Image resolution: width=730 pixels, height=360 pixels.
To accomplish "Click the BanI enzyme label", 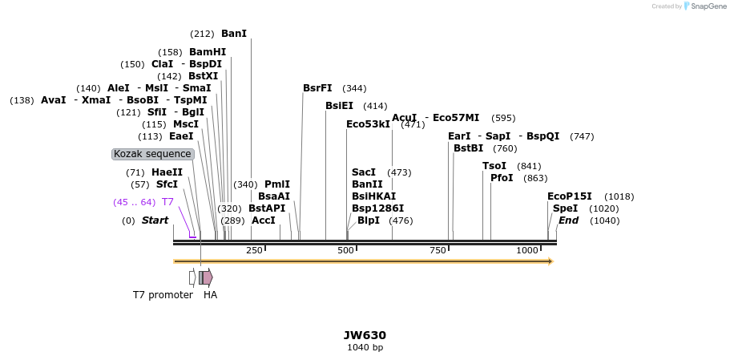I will click(234, 34).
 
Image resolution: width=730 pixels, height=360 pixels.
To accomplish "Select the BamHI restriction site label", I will click(208, 52).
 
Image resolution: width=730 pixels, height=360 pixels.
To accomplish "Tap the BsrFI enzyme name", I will click(317, 88).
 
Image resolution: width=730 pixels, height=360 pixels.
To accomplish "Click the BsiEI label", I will click(339, 106).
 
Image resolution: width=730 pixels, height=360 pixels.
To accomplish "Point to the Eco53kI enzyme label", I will click(368, 124).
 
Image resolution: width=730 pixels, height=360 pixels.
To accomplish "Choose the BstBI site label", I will click(469, 148).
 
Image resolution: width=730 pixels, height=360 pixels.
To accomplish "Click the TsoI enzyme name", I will click(494, 166).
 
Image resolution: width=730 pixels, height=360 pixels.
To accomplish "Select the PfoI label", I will click(502, 178).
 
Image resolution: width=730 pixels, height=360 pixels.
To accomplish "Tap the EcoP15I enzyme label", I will click(570, 196).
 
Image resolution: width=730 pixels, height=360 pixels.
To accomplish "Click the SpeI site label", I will click(565, 208).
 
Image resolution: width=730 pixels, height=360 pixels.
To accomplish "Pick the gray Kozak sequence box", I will click(152, 154).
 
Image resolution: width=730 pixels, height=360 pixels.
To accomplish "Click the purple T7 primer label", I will click(168, 202).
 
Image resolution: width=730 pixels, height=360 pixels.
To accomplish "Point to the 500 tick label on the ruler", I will click(345, 250).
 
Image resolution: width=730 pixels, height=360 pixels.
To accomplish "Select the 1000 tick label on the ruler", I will click(527, 250).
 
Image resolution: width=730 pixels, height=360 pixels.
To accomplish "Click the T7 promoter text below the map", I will click(163, 295).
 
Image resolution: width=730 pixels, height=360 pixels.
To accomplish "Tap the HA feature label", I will click(210, 295).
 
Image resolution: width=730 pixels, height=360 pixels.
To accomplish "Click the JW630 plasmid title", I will click(365, 335).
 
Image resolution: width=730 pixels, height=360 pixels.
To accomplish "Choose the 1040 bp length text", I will click(365, 347).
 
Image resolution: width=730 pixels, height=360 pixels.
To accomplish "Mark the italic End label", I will click(568, 220).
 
